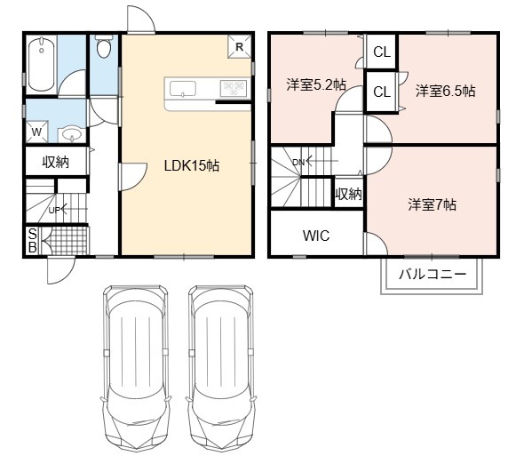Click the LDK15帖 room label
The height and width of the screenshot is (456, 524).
pyautogui.click(x=192, y=165)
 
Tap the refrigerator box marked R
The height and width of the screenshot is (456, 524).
pyautogui.click(x=239, y=46)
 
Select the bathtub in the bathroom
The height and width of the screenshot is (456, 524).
pyautogui.click(x=42, y=64)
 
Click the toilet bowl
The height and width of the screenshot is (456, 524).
pyautogui.click(x=104, y=46)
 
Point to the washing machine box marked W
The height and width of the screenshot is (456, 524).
pyautogui.click(x=36, y=132)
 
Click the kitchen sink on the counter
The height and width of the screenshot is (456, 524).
pyautogui.click(x=183, y=89)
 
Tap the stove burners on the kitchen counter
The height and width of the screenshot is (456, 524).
pyautogui.click(x=234, y=88)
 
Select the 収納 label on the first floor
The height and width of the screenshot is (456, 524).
pyautogui.click(x=55, y=162)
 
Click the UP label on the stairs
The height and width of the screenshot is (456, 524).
pyautogui.click(x=54, y=211)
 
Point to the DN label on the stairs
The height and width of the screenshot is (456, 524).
pyautogui.click(x=298, y=163)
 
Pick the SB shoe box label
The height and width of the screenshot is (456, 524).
pyautogui.click(x=32, y=241)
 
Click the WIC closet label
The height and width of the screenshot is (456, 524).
pyautogui.click(x=316, y=236)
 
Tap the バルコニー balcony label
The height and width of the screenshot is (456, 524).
pyautogui.click(x=433, y=275)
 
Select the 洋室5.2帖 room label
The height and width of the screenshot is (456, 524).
pyautogui.click(x=316, y=84)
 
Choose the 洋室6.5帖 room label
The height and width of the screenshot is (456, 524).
pyautogui.click(x=445, y=91)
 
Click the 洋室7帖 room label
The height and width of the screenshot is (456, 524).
pyautogui.click(x=433, y=204)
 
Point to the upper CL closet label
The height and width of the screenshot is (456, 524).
pyautogui.click(x=382, y=52)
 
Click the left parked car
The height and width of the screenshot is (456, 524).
pyautogui.click(x=135, y=367)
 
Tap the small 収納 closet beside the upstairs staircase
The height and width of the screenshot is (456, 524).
pyautogui.click(x=349, y=194)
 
